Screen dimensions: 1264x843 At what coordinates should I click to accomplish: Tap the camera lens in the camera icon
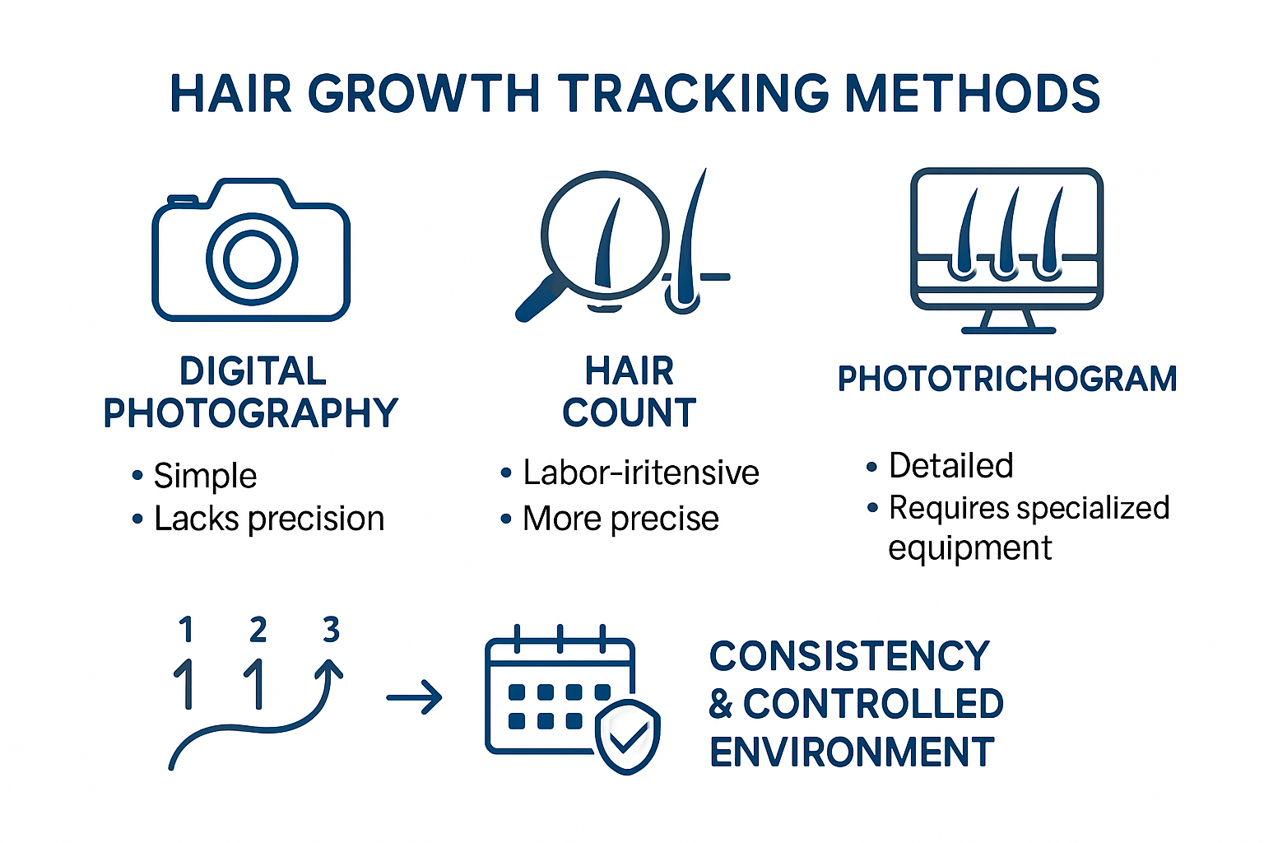[252, 259]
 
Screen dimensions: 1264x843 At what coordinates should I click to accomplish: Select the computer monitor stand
[1008, 321]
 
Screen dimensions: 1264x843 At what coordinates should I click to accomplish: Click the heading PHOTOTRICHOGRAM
[1007, 379]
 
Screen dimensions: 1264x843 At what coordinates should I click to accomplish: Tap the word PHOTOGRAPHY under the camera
[251, 412]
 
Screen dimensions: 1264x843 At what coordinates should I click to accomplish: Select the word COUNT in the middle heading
[630, 412]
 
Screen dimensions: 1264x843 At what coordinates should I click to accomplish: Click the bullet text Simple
[206, 476]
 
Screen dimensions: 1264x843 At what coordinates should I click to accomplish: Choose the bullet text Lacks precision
[269, 519]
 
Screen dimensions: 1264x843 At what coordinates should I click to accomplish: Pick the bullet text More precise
[620, 519]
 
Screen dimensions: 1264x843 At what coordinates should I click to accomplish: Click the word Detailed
[951, 466]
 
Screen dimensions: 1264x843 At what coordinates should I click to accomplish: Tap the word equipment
[970, 547]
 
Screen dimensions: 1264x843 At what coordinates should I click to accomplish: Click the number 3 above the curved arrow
[332, 629]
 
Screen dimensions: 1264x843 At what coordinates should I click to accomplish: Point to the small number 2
[258, 629]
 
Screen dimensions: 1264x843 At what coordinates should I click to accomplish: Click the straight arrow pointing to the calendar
[414, 698]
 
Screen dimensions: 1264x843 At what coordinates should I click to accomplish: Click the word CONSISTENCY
[849, 655]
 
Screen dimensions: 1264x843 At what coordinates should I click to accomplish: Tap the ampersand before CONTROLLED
[721, 704]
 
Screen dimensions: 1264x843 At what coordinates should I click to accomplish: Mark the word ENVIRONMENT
[852, 752]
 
